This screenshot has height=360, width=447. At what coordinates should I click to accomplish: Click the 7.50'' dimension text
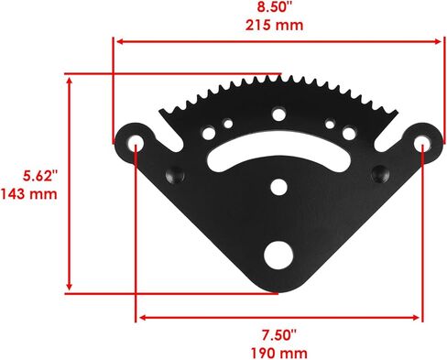(x=280, y=335)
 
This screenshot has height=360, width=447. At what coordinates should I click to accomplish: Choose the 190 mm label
(x=280, y=352)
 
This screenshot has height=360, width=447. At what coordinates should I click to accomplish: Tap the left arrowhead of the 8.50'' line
(x=116, y=39)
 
